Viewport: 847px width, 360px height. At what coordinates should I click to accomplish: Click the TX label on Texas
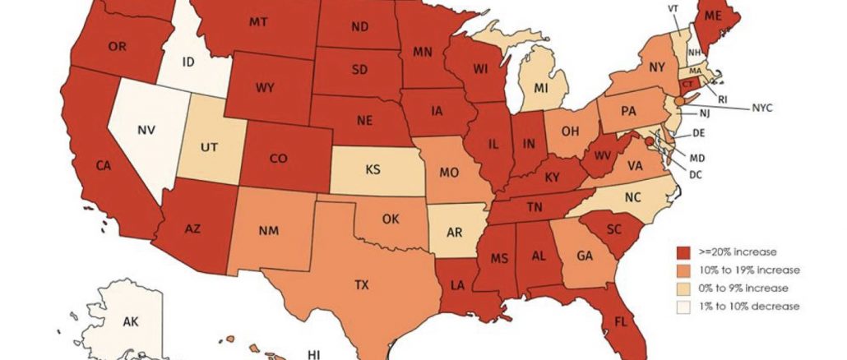pos(362,286)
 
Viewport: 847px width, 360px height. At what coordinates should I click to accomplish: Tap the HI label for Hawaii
pos(314,354)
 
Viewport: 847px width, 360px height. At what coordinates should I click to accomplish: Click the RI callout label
pos(723,99)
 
